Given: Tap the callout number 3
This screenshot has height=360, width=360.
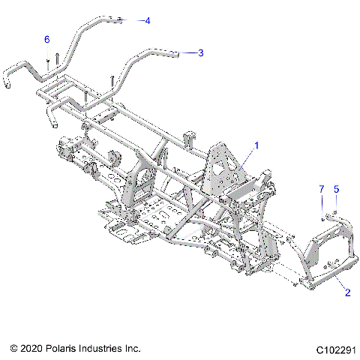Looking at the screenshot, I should pyautogui.click(x=201, y=52).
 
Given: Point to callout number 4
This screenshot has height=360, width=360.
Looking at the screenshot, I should pyautogui.click(x=147, y=21).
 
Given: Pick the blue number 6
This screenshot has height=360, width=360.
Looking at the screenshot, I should pyautogui.click(x=46, y=39).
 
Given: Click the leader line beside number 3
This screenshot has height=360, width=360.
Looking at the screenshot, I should pyautogui.click(x=189, y=52).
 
